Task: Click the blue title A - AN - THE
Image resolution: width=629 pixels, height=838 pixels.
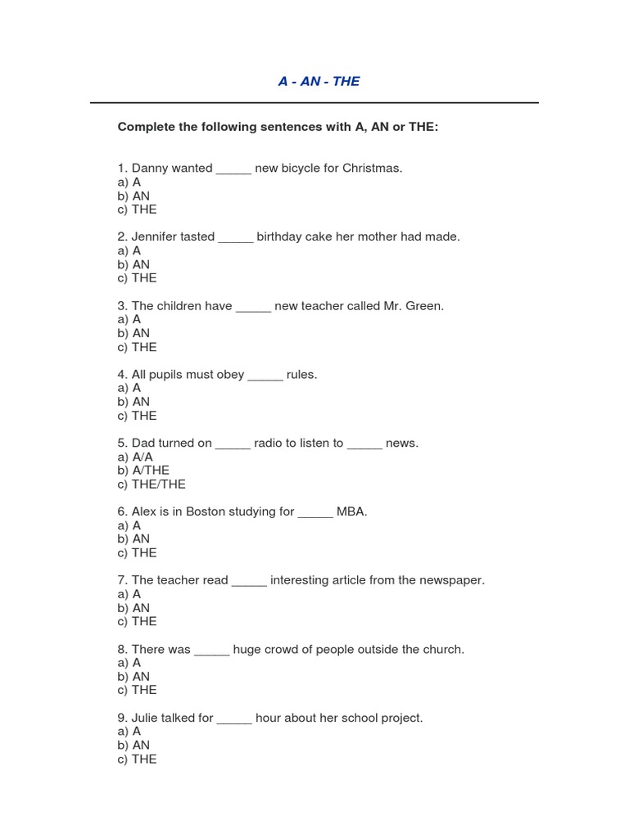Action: (319, 81)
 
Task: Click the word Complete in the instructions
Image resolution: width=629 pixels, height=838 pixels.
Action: (146, 127)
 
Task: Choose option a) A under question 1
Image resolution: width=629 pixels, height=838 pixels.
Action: (129, 182)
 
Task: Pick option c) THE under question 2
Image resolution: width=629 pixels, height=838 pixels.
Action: (137, 278)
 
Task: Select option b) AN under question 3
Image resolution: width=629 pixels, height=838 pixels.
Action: (133, 333)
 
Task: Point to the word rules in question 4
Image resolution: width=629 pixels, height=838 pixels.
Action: (301, 375)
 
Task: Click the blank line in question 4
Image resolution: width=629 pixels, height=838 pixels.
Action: (265, 376)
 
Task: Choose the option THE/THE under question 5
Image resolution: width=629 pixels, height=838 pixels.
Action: (152, 484)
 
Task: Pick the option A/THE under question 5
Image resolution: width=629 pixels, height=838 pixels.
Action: (143, 471)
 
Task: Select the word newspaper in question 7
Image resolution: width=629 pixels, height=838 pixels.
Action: (450, 581)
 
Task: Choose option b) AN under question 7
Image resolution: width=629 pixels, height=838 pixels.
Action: (133, 608)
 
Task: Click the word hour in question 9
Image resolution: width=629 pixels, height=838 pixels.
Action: (269, 719)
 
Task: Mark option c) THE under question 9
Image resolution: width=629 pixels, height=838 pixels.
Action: (137, 759)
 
